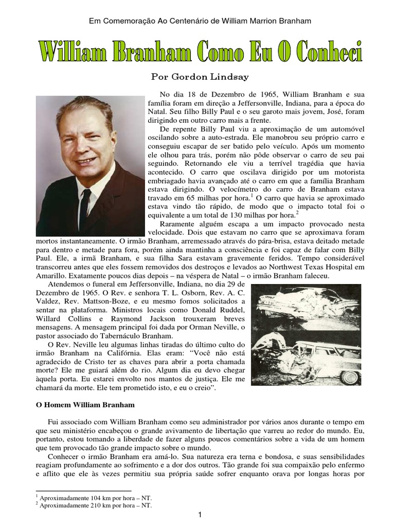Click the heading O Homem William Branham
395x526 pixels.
84,404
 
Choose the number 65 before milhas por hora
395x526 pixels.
191,197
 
